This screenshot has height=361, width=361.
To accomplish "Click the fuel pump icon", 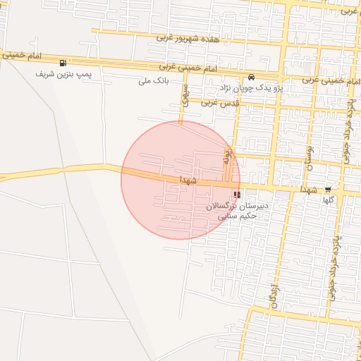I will (64, 62).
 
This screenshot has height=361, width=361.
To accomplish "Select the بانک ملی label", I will (155, 80).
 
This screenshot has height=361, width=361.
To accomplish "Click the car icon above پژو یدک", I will (251, 77).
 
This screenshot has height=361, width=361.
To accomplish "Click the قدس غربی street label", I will (221, 103).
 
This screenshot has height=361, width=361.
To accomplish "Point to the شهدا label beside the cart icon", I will (311, 190).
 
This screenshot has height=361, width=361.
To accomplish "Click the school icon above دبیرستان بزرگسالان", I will (236, 195).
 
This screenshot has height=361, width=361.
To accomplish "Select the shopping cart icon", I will (329, 190).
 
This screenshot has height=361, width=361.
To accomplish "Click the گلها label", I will (328, 200).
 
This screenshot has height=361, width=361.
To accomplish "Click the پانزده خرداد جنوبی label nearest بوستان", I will (347, 138).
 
